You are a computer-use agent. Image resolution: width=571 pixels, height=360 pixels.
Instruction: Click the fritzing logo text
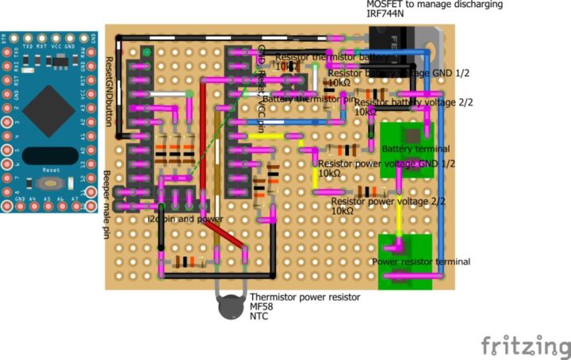click(x=525, y=346)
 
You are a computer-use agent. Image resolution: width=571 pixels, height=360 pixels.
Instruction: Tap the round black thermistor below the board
click(x=230, y=304)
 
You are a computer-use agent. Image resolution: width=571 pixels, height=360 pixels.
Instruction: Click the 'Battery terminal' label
click(x=416, y=149)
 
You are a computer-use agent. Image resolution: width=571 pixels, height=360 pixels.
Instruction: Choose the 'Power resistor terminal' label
click(x=421, y=262)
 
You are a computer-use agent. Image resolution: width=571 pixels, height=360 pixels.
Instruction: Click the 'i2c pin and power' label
click(x=184, y=219)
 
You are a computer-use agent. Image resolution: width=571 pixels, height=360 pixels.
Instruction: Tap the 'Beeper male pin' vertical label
click(x=106, y=205)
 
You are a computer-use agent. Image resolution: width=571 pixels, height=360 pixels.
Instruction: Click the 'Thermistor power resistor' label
click(x=305, y=297)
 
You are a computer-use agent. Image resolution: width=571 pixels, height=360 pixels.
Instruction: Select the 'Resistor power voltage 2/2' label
click(x=388, y=201)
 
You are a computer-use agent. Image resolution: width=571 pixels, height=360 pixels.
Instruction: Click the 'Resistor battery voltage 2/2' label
click(x=413, y=102)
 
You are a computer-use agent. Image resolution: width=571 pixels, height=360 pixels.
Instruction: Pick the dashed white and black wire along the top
click(x=222, y=36)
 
